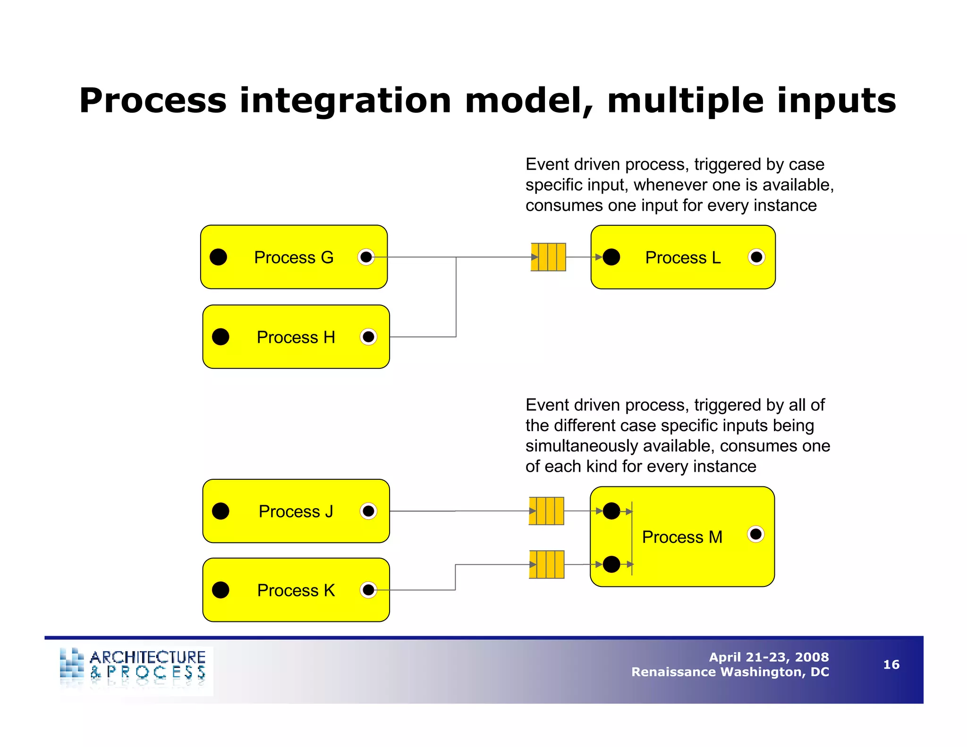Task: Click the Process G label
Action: coord(293,257)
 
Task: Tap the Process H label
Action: coord(296,337)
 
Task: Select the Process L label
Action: coord(682,257)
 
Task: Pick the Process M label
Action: coord(682,537)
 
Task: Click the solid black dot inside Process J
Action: coord(221,511)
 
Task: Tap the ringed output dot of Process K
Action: coord(368,590)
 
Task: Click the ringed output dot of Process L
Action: coord(756,257)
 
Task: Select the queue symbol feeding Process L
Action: coord(548,257)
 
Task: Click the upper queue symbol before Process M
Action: coord(546,511)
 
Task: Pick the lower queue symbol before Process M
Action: coord(546,564)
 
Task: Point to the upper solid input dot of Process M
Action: coord(611,511)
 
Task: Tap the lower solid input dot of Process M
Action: coord(611,564)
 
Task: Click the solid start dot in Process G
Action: coord(218,257)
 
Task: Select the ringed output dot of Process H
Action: coord(368,337)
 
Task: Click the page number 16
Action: coord(891,665)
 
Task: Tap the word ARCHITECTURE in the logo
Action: coord(147,657)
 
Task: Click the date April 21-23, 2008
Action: coord(768,657)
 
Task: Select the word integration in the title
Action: coord(345,101)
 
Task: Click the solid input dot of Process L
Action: coord(611,257)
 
